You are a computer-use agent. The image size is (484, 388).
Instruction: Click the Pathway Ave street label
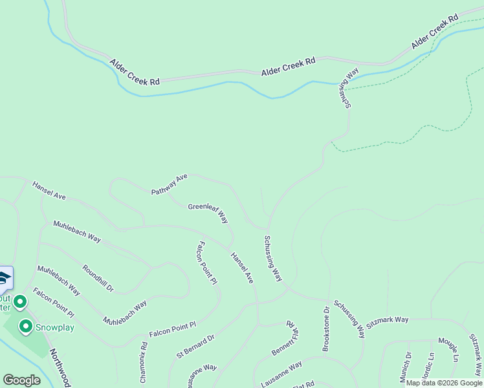[x=169, y=184]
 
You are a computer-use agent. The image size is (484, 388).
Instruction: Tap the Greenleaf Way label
[x=208, y=213]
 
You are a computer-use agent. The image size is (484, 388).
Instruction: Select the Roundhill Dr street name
[x=98, y=277]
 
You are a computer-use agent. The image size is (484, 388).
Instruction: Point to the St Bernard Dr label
[x=195, y=345]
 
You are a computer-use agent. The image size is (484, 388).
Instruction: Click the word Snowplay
[x=55, y=327]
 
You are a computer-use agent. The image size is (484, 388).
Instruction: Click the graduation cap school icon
[x=4, y=279]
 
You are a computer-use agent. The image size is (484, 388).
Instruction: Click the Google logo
[x=21, y=380]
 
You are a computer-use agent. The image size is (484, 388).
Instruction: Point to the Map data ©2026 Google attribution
[x=444, y=383]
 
